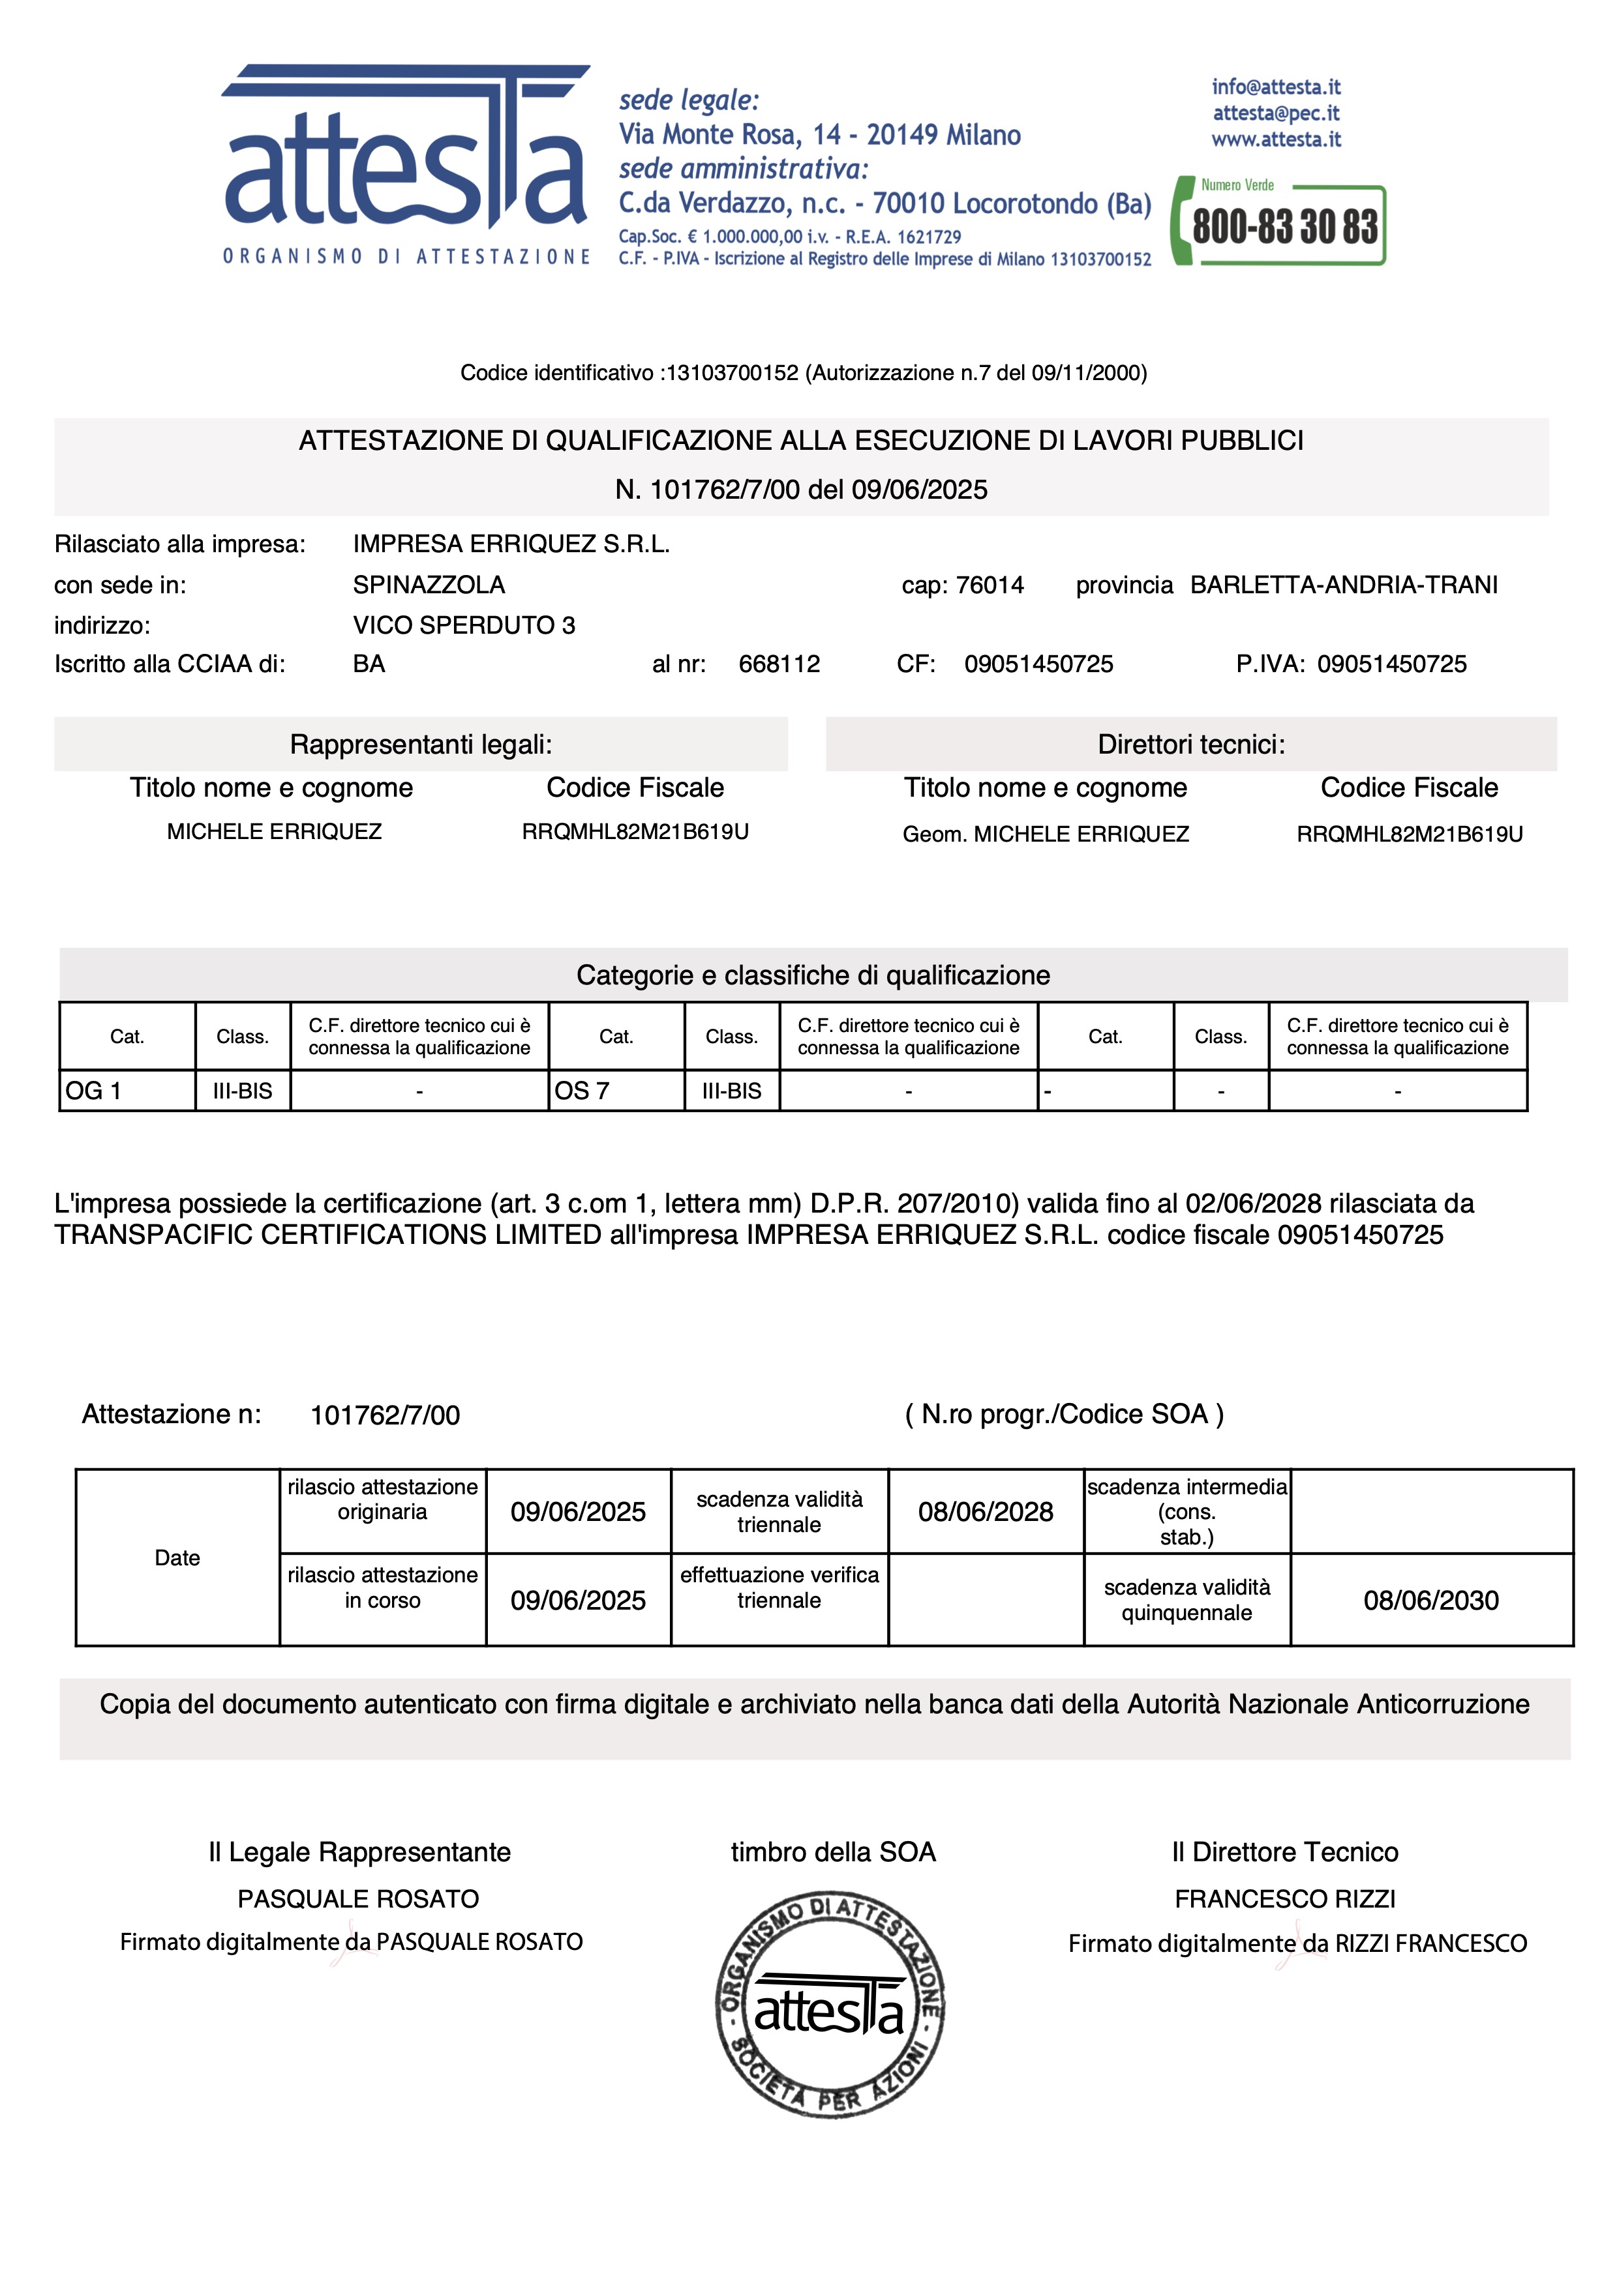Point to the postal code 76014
tap(990, 585)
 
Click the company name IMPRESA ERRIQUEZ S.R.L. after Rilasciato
tap(511, 544)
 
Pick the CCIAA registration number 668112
tap(779, 664)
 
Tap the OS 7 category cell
tap(616, 1091)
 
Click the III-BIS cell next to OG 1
tap(242, 1091)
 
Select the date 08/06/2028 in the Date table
tap(986, 1511)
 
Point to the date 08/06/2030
tap(1430, 1600)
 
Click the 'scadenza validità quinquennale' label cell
tap(1186, 1600)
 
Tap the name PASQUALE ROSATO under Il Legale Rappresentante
tap(357, 1898)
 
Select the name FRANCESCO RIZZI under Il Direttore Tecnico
tap(1284, 1898)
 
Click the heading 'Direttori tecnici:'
tap(1190, 744)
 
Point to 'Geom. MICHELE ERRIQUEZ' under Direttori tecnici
tap(1045, 834)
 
